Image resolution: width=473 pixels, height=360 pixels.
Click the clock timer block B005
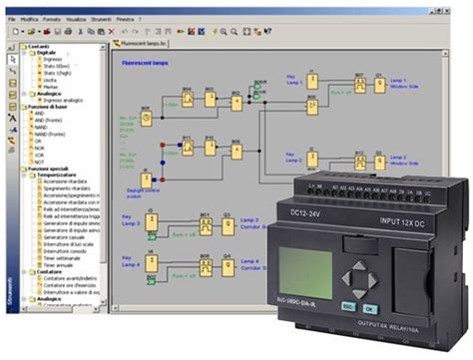pos(147,116)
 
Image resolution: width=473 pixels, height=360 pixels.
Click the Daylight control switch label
pos(160,186)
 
